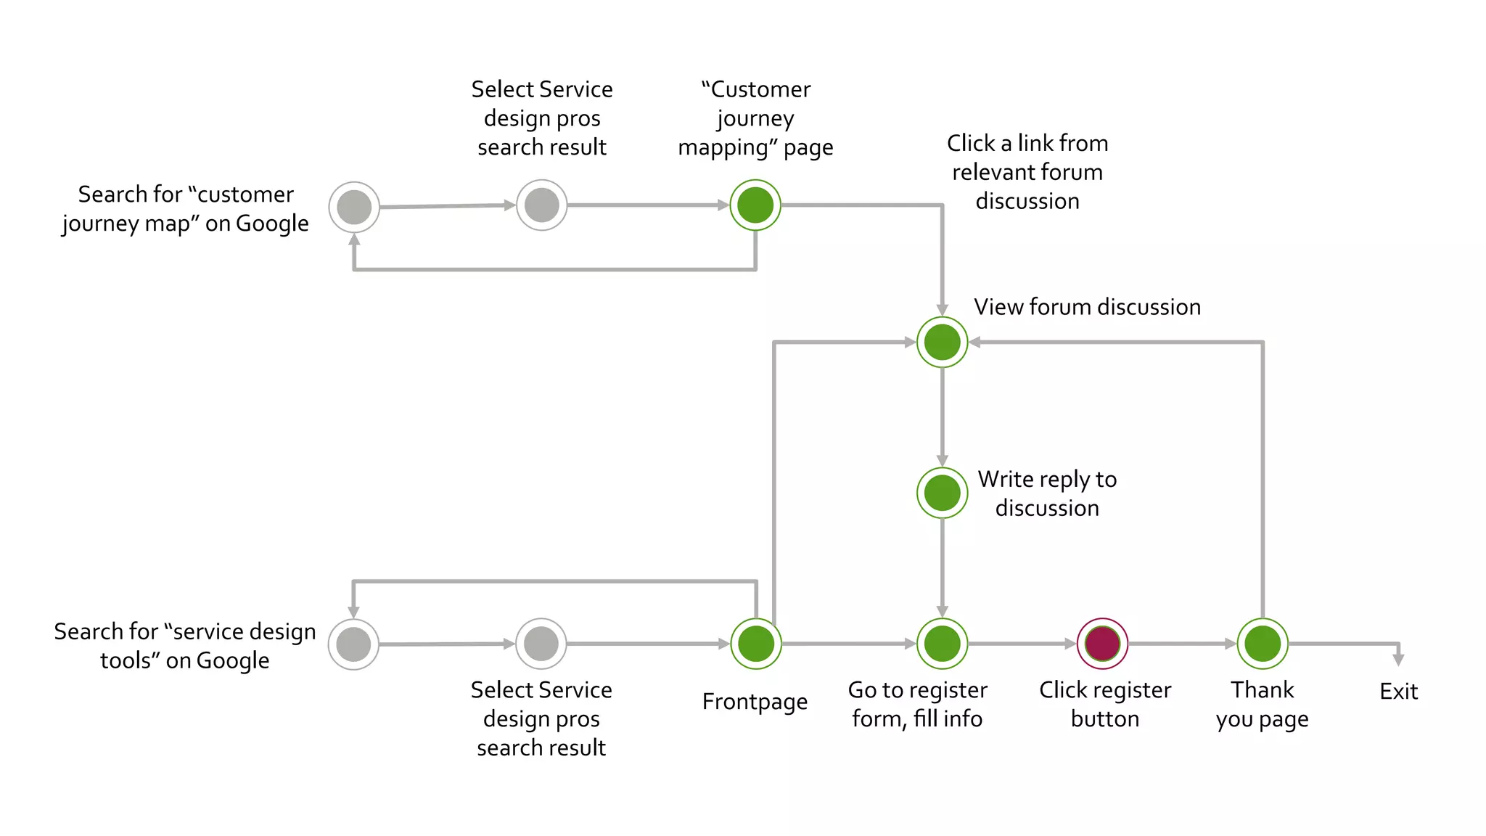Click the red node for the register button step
click(1102, 644)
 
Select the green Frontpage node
click(755, 644)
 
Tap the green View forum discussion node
click(942, 342)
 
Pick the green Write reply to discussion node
click(942, 493)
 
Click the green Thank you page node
click(1262, 644)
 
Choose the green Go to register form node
click(942, 644)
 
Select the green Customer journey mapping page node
click(755, 205)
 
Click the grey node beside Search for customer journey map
click(354, 207)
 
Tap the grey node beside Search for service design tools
click(353, 644)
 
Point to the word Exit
click(1398, 692)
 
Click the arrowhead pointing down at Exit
click(1398, 659)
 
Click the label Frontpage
click(755, 702)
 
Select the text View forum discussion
click(1087, 307)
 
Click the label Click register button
click(1104, 704)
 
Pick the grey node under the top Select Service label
click(541, 205)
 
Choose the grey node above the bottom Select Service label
click(541, 644)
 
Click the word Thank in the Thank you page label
click(1262, 689)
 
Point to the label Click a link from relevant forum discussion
click(1027, 172)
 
